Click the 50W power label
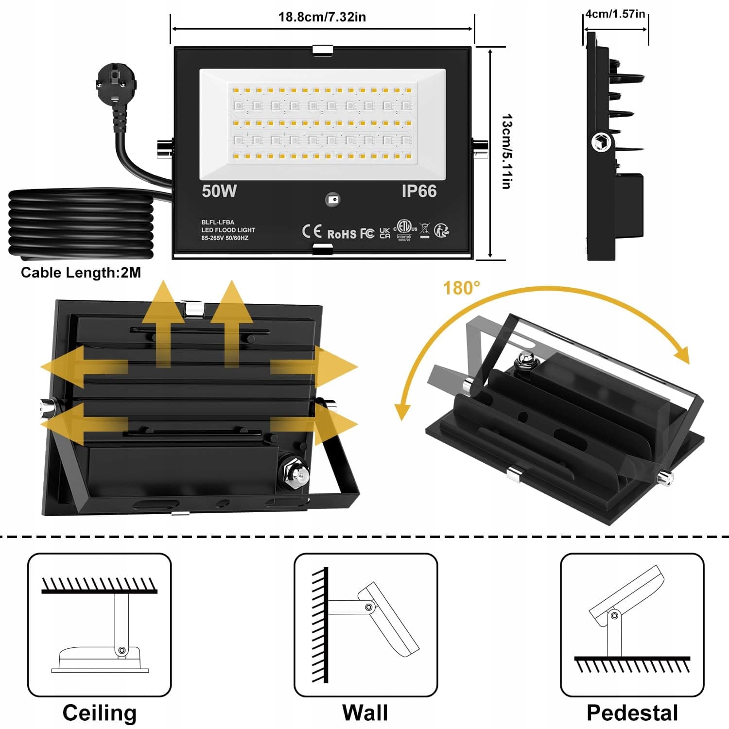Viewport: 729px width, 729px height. pos(219,191)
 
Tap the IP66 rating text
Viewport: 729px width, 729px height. pos(419,191)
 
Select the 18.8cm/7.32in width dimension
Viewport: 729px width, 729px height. pos(322,17)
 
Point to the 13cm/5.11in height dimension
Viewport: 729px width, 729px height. pos(506,152)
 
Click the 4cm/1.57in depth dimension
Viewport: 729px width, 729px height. pos(615,14)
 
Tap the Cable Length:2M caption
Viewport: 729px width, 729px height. pos(81,273)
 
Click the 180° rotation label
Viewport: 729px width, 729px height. pos(461,288)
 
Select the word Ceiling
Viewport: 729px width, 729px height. pos(100,712)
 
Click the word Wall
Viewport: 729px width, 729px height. pos(365,712)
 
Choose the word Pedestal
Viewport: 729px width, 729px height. pos(632,712)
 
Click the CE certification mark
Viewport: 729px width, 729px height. pos(312,231)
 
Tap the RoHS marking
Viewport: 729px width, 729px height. pos(342,234)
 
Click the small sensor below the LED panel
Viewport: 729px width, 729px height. pos(333,199)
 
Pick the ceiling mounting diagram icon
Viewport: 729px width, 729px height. pos(100,625)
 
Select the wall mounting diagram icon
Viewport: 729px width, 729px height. pos(365,625)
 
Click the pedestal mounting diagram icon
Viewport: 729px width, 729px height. pos(632,625)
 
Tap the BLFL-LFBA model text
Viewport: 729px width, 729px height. pos(218,222)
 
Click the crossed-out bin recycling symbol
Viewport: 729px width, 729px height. pos(424,231)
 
